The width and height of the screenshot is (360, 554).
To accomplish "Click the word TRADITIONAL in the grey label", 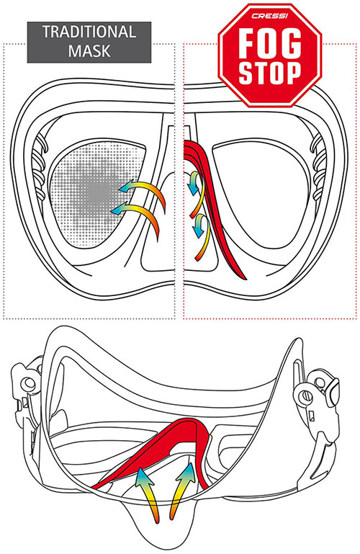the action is point(89,32).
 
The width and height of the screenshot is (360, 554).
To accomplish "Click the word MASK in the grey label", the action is point(89,51).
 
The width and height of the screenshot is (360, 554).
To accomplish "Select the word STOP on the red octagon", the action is point(270,73).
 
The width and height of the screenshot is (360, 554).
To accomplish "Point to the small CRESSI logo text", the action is point(270,17).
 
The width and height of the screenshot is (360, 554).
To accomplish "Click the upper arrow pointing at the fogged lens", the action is point(148,187).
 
